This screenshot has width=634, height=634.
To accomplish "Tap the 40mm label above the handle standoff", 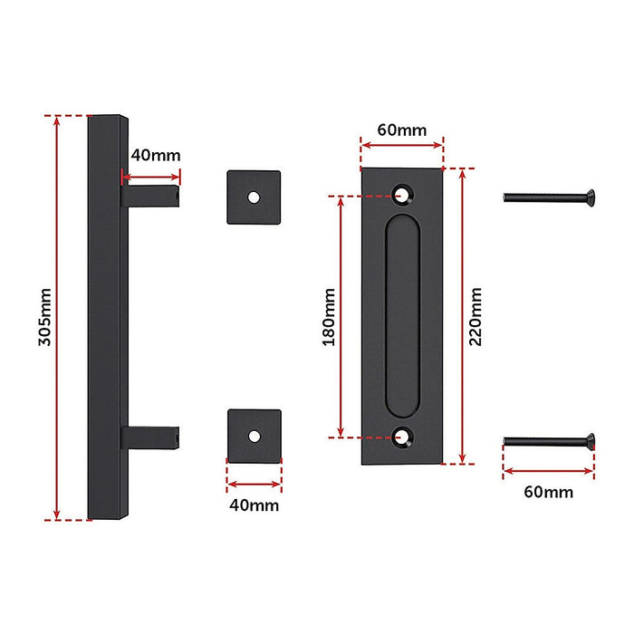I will [x=155, y=154].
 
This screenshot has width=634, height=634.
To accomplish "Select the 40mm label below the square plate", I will [x=255, y=504].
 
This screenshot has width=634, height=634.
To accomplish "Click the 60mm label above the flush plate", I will [x=401, y=130].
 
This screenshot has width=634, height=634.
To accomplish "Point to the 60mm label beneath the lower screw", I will [x=549, y=492].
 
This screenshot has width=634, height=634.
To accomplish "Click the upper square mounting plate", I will [x=255, y=196].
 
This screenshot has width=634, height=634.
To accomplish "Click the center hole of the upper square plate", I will [x=255, y=196].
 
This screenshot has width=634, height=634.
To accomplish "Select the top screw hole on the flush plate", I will [x=401, y=192].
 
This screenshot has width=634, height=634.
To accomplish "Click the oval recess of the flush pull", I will [x=401, y=315].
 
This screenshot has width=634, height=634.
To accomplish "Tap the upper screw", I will [x=547, y=196].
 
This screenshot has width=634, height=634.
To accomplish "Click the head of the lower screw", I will [x=587, y=441].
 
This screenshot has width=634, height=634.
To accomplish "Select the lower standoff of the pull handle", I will [x=149, y=437].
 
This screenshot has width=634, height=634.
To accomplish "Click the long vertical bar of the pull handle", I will [x=103, y=317].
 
